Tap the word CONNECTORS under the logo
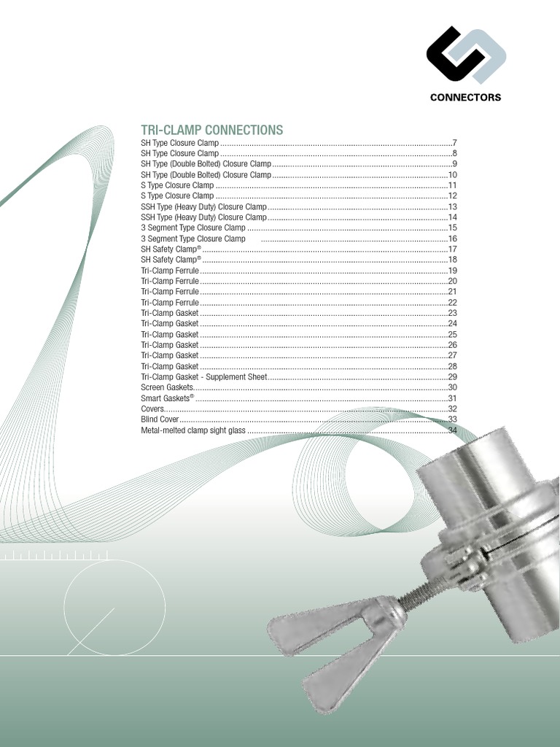tap(465, 97)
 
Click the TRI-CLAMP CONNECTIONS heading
tap(211, 130)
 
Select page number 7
tap(454, 143)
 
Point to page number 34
tap(452, 430)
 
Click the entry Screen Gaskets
tap(167, 387)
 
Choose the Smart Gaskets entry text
tap(167, 398)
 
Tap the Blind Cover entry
tap(160, 419)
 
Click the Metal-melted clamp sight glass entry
tap(193, 430)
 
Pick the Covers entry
tap(153, 409)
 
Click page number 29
tap(452, 376)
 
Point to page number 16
tap(452, 239)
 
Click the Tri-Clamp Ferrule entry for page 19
tap(170, 271)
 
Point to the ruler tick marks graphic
tap(55, 557)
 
